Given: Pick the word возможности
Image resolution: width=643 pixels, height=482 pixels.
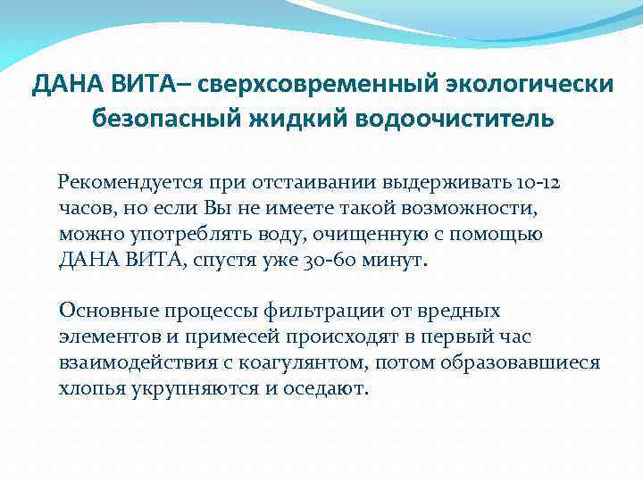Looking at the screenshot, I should click(469, 209).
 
